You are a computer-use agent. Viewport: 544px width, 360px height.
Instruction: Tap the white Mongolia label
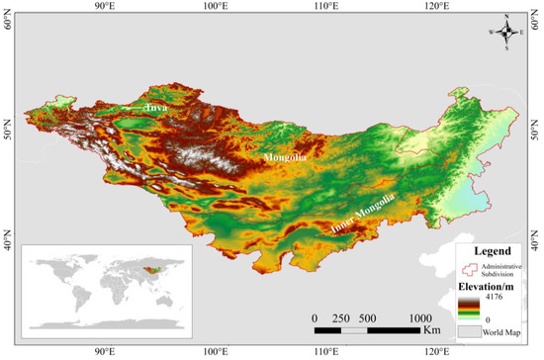(x=286, y=157)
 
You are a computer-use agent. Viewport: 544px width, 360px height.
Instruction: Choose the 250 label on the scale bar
(x=341, y=317)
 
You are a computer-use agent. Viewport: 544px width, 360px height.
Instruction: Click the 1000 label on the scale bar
(x=421, y=317)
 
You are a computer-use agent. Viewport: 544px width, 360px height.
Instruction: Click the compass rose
(x=505, y=31)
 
